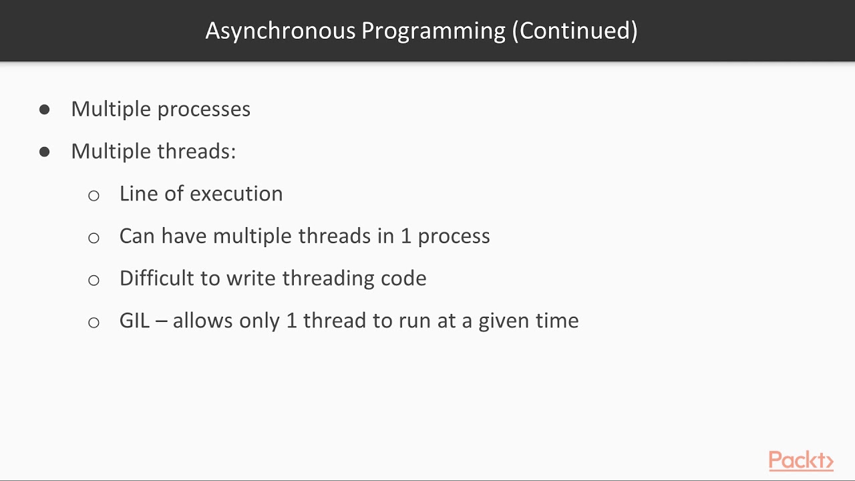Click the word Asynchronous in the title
(x=281, y=31)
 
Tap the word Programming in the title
(x=434, y=31)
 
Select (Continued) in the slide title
(x=574, y=31)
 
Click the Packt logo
(x=801, y=461)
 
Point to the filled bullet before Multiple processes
(x=45, y=110)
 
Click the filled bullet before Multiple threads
(x=45, y=152)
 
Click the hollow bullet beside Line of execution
(x=94, y=195)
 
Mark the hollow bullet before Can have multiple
(x=94, y=237)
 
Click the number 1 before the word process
(x=406, y=236)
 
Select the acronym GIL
(x=134, y=321)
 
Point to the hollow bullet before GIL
(x=94, y=322)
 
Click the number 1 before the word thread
(x=291, y=321)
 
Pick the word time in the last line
(x=556, y=321)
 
